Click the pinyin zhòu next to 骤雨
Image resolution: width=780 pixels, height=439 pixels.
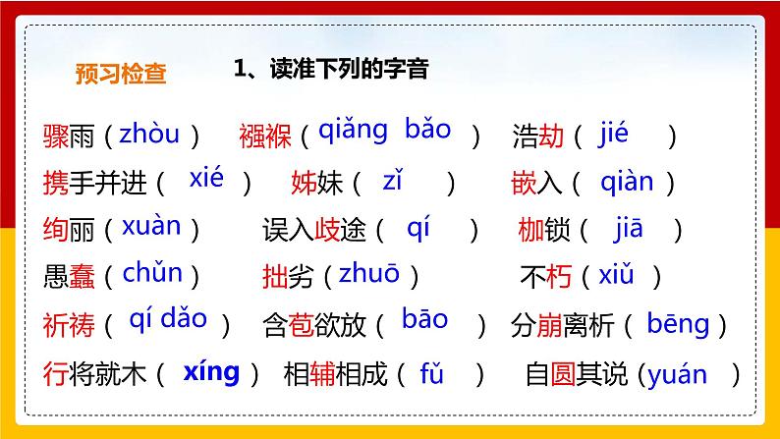tap(148, 134)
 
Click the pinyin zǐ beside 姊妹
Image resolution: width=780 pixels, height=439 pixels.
tap(393, 181)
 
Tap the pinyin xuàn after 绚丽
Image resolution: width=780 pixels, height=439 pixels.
tap(151, 227)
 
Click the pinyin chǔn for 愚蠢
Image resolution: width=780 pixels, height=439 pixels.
tap(152, 274)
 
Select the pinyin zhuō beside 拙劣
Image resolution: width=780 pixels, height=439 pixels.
tap(368, 275)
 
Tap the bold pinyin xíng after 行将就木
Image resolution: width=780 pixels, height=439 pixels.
tap(211, 372)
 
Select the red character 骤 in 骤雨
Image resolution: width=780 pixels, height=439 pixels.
tap(57, 137)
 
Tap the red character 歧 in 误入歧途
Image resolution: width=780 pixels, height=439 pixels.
tap(327, 230)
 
